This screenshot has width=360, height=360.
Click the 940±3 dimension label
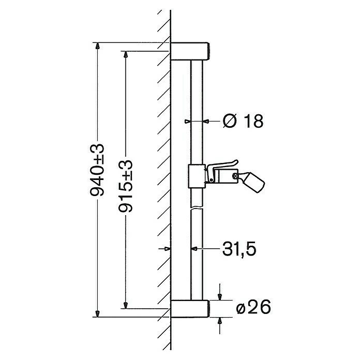(97, 170)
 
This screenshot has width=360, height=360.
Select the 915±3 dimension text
(126, 186)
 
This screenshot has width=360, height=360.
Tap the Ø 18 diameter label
(243, 121)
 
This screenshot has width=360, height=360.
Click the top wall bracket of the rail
(190, 51)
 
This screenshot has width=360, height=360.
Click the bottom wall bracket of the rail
(190, 308)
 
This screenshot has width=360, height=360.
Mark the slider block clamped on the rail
(197, 176)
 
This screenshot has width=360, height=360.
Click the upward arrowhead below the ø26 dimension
(220, 320)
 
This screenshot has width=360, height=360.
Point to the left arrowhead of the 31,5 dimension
(167, 249)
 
